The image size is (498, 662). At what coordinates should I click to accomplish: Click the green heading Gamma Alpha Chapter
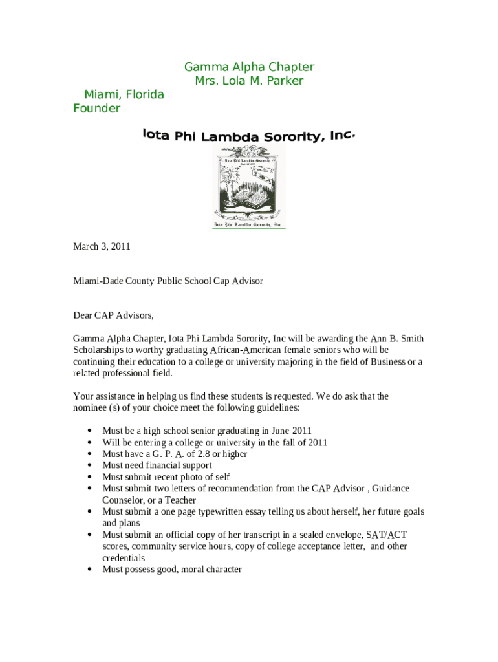(x=249, y=67)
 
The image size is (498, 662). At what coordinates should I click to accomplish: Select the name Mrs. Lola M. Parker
(x=249, y=81)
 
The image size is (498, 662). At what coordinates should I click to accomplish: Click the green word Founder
(x=96, y=109)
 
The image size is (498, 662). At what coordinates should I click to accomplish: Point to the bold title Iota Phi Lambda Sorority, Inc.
(x=249, y=136)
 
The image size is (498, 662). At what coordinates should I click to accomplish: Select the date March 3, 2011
(x=102, y=246)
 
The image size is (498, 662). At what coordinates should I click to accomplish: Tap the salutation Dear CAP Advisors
(x=113, y=316)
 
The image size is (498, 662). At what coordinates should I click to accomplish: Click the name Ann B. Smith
(x=397, y=339)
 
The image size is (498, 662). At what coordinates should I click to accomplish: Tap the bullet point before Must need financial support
(x=87, y=465)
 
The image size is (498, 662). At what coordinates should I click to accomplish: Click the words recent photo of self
(x=193, y=477)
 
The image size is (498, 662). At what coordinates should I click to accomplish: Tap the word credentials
(x=124, y=558)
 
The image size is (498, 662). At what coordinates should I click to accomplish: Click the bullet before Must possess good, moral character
(x=87, y=570)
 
